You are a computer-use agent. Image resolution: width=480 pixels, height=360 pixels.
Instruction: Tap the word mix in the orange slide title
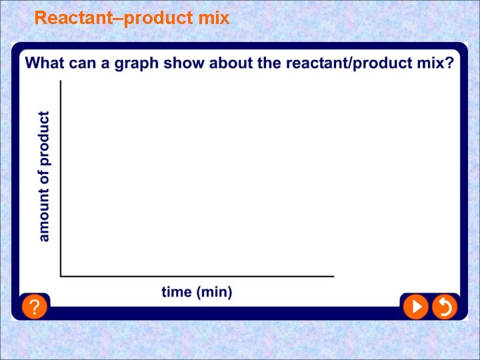click(214, 18)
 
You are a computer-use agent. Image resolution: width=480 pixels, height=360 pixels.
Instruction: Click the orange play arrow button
click(415, 307)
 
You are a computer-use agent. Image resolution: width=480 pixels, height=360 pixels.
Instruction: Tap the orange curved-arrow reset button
click(443, 307)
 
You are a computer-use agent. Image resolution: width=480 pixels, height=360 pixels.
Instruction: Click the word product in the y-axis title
click(44, 139)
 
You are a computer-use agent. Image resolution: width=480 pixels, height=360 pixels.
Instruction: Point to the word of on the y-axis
click(44, 178)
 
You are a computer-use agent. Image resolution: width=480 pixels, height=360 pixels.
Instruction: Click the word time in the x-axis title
click(177, 292)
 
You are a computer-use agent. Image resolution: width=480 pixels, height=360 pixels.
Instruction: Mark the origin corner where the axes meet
click(61, 275)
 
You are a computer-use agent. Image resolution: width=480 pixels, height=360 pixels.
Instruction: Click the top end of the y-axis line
click(61, 81)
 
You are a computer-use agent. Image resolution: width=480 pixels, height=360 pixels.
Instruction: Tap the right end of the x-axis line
click(333, 275)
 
